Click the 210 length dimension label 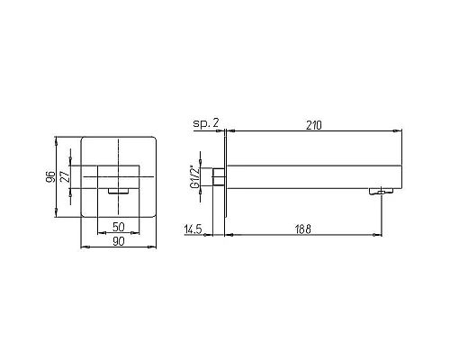[313, 125]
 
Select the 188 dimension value [303, 229]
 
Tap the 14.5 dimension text [193, 229]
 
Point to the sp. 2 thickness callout [206, 123]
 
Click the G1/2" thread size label [195, 177]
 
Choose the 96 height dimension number [50, 177]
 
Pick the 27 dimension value [65, 176]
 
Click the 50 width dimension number [119, 227]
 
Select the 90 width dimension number [119, 241]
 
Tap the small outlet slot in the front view [119, 191]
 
